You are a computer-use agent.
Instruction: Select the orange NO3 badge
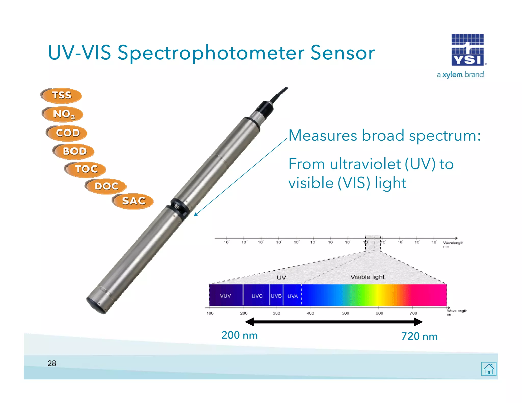63,114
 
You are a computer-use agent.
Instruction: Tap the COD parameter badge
67,133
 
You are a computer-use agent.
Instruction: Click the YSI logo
467,50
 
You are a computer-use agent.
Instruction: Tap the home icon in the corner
489,369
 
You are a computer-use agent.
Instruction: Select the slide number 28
52,363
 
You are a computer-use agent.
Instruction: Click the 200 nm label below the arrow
239,335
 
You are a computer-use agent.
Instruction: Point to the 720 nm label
419,336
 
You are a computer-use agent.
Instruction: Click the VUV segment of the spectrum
225,296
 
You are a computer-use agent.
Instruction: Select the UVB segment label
276,296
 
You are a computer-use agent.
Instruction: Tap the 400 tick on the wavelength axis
310,313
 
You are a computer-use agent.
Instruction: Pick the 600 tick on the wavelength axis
379,313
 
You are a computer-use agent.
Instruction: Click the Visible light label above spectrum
367,277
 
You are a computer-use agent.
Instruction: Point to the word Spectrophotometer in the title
211,53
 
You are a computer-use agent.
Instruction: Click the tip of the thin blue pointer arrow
194,216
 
